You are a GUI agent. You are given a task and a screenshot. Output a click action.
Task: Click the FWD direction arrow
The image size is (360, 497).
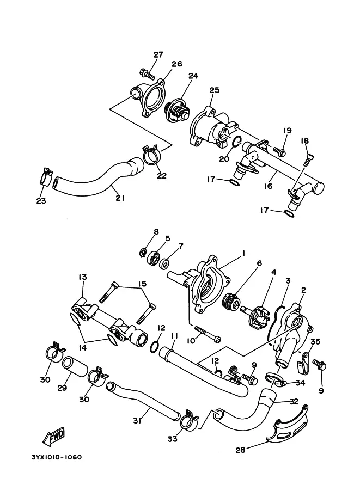(53, 436)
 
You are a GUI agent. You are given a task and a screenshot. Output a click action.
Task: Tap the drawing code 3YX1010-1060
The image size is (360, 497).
(57, 457)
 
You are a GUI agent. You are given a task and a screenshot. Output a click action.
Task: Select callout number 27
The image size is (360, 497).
(158, 54)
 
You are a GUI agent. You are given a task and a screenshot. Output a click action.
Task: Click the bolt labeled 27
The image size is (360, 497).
(147, 74)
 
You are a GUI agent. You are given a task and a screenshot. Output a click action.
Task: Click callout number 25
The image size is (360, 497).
(215, 90)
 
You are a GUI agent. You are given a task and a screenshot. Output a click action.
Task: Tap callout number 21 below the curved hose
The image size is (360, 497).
(120, 198)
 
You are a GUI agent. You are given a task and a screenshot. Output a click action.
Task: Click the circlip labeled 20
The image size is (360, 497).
(236, 142)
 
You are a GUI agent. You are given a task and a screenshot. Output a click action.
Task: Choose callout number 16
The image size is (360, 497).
(268, 186)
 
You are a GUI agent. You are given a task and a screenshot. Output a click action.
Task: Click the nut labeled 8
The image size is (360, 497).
(143, 253)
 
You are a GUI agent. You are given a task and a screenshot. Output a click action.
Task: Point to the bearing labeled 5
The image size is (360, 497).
(154, 259)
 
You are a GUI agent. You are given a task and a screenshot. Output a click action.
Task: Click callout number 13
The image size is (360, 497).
(82, 277)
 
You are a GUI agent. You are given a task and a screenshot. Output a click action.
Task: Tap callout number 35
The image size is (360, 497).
(315, 342)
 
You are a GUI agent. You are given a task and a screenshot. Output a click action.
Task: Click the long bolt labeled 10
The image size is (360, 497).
(208, 334)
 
